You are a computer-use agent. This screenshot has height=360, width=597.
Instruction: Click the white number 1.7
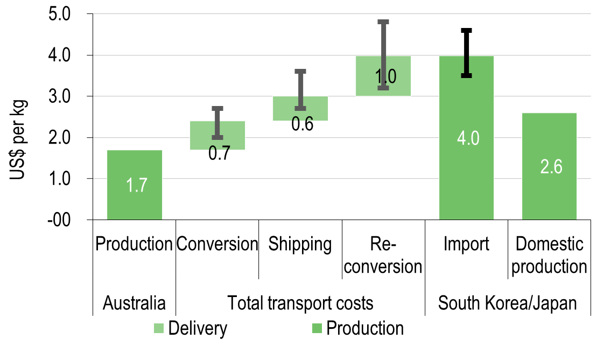tap(137, 185)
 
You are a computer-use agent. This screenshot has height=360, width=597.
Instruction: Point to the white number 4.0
tap(468, 138)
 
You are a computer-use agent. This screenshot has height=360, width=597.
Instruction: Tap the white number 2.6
tap(551, 167)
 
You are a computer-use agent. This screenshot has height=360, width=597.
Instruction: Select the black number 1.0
tap(385, 76)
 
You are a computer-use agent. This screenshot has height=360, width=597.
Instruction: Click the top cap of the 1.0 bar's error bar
tap(383, 22)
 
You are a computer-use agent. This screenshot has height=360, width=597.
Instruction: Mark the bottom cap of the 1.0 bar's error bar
tap(383, 88)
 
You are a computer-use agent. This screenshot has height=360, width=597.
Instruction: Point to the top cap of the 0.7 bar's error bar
tap(217, 108)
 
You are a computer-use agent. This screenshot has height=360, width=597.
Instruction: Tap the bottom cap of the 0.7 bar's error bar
tap(217, 137)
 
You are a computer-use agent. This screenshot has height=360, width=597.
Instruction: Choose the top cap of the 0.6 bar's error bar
tap(300, 71)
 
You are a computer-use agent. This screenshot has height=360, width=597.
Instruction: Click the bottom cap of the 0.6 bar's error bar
tap(300, 108)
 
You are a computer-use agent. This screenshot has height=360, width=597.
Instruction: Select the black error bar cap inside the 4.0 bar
tap(466, 75)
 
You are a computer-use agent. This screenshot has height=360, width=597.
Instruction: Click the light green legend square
tap(159, 328)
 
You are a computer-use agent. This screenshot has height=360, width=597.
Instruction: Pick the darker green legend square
tap(317, 328)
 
